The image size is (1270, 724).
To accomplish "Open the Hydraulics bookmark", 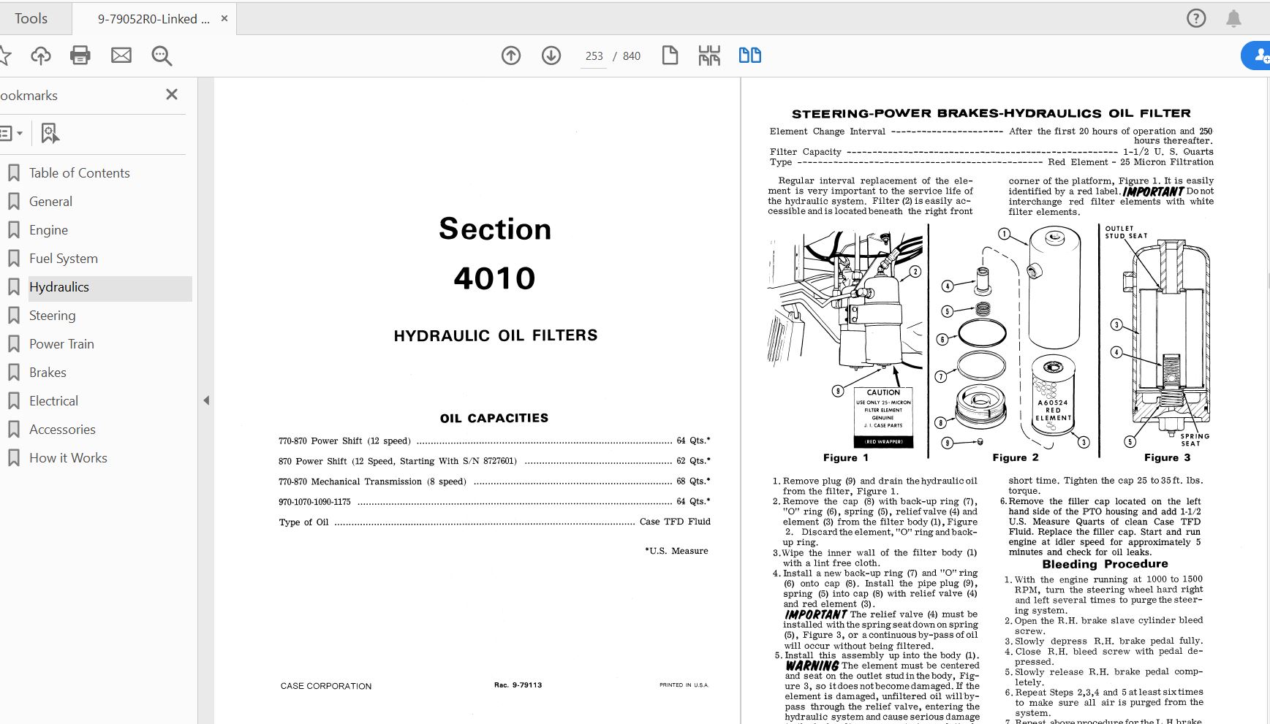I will [59, 287].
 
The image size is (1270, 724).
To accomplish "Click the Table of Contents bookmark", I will [79, 173].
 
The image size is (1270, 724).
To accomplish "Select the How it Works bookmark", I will [68, 458].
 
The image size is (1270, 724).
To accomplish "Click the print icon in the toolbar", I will [80, 56].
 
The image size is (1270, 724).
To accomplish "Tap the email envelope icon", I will [121, 56].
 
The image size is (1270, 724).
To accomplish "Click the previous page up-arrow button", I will [511, 56].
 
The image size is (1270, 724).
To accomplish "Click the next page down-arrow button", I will [551, 56].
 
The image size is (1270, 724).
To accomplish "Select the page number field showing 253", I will [594, 56].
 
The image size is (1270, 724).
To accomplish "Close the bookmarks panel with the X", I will [172, 95].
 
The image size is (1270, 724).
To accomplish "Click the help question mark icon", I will [1196, 18].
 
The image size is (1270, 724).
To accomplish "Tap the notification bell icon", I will [1233, 18].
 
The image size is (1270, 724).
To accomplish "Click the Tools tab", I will [31, 18].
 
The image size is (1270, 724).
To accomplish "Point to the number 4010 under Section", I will [495, 278].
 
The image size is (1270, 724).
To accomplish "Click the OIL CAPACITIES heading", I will [494, 418].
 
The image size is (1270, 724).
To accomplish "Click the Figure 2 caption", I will [1015, 457].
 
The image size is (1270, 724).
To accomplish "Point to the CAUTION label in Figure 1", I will [883, 392].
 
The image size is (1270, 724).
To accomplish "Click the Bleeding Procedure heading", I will [1105, 564].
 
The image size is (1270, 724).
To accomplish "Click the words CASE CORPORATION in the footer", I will [326, 686].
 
